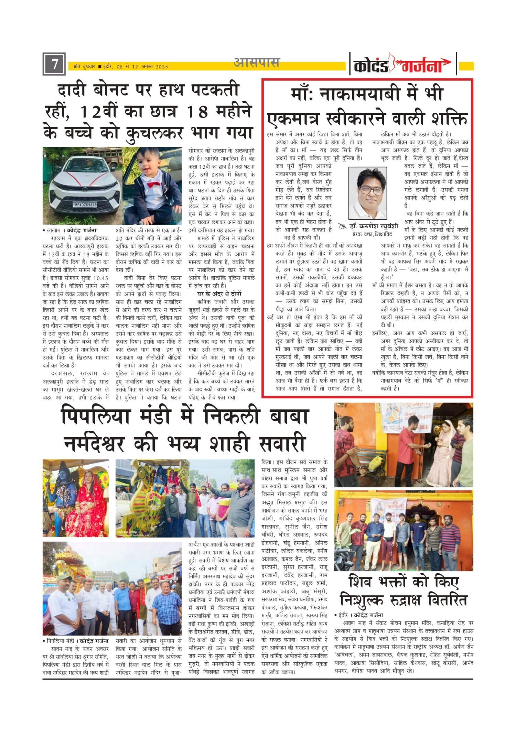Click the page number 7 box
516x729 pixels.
click(54, 64)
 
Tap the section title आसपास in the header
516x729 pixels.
click(257, 63)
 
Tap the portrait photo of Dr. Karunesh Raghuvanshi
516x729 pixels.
click(367, 193)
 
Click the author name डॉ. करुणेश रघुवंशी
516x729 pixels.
click(373, 227)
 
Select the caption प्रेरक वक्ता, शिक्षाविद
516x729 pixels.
click(372, 234)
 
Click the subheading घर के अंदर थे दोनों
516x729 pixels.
click(219, 294)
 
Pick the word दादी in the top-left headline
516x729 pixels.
click(74, 91)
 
